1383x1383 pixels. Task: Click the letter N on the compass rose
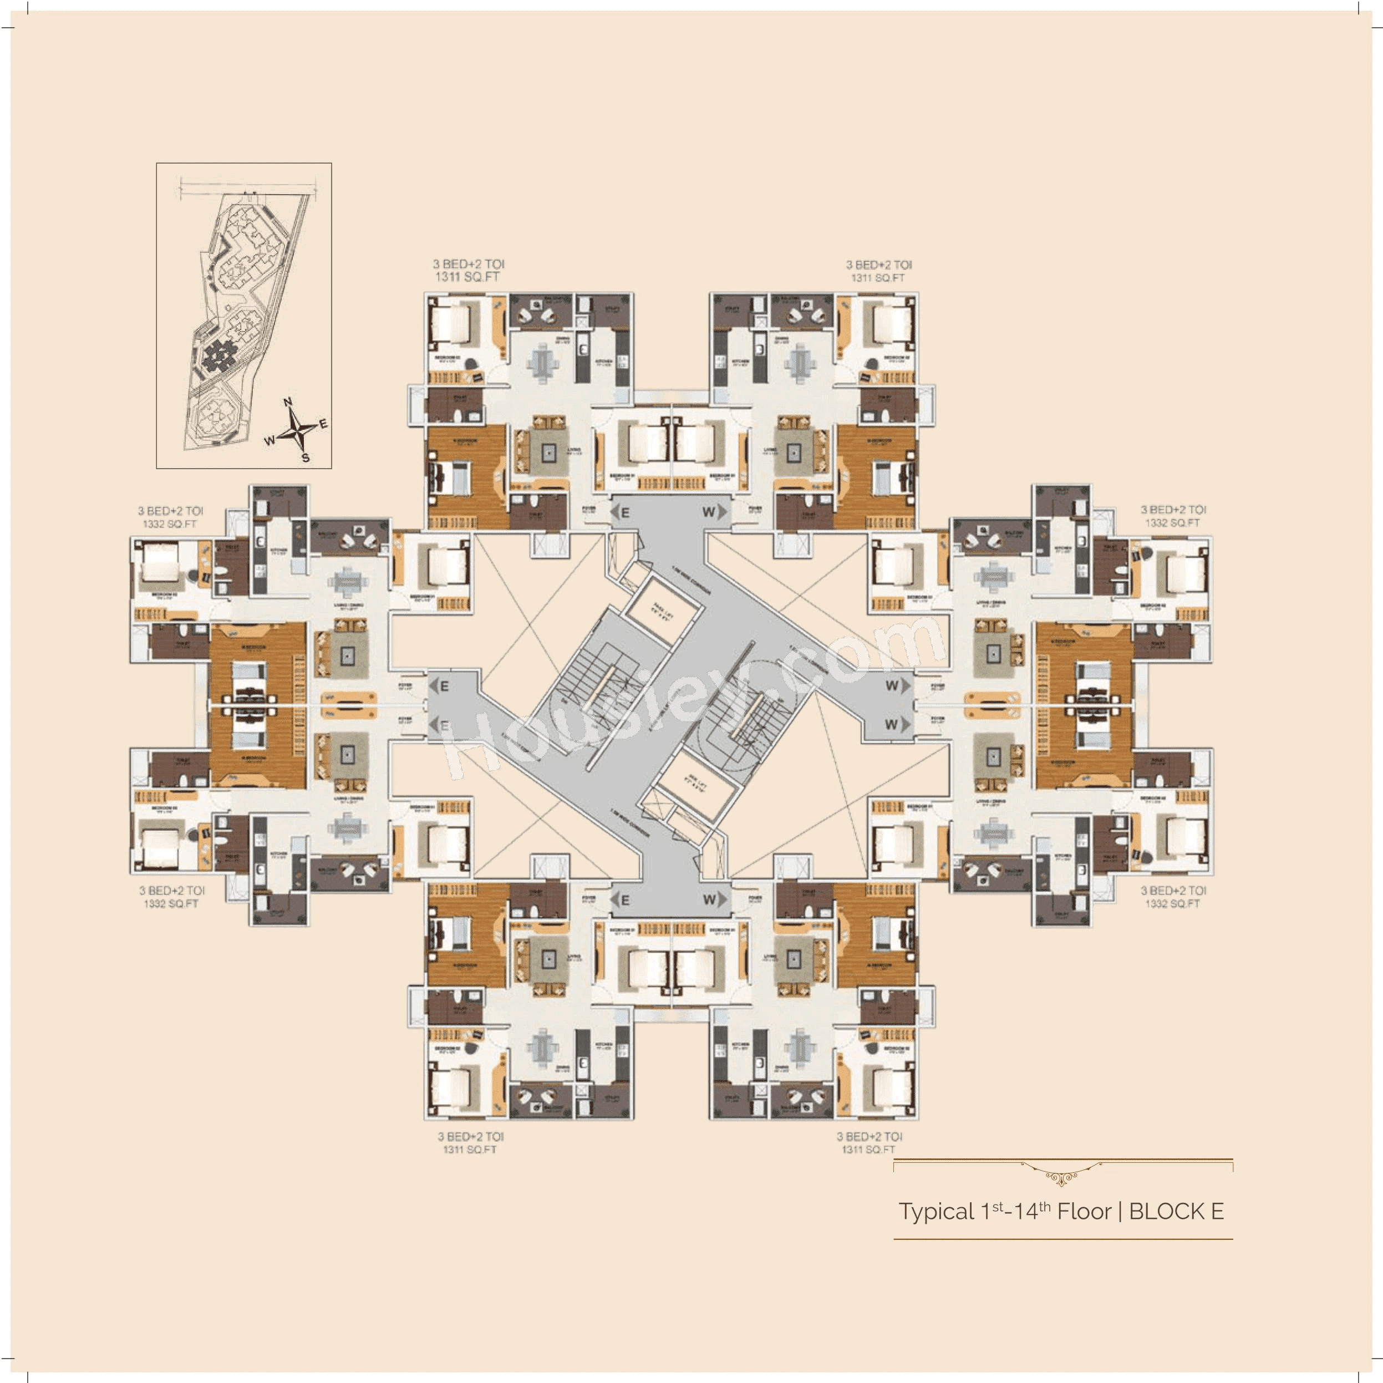288,402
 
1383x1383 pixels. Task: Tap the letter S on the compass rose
306,458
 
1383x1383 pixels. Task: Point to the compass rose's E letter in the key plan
323,424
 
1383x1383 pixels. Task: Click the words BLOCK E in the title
1176,1212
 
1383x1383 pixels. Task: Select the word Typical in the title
936,1212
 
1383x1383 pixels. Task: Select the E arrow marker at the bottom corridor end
621,900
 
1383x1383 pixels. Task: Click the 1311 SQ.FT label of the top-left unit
467,277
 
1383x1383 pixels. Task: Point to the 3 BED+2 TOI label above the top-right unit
879,265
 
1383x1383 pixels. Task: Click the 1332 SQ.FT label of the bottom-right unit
1172,904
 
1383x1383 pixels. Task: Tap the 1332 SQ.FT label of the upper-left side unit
170,524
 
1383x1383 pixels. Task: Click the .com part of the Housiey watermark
859,655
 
